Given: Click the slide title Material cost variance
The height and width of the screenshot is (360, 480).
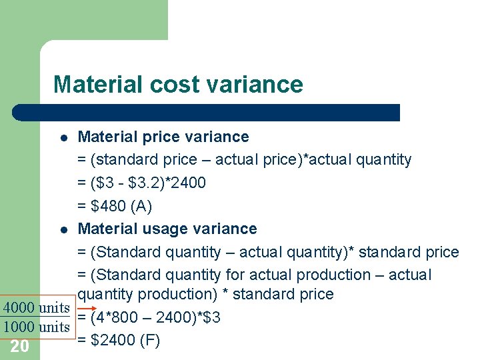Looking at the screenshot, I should (178, 85).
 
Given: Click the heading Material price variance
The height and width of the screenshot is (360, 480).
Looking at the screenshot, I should (163, 137).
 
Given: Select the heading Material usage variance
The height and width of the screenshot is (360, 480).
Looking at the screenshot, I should (167, 229).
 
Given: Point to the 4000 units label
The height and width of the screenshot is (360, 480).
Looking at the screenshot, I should (36, 308).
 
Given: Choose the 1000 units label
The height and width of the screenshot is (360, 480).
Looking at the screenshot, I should (36, 327).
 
